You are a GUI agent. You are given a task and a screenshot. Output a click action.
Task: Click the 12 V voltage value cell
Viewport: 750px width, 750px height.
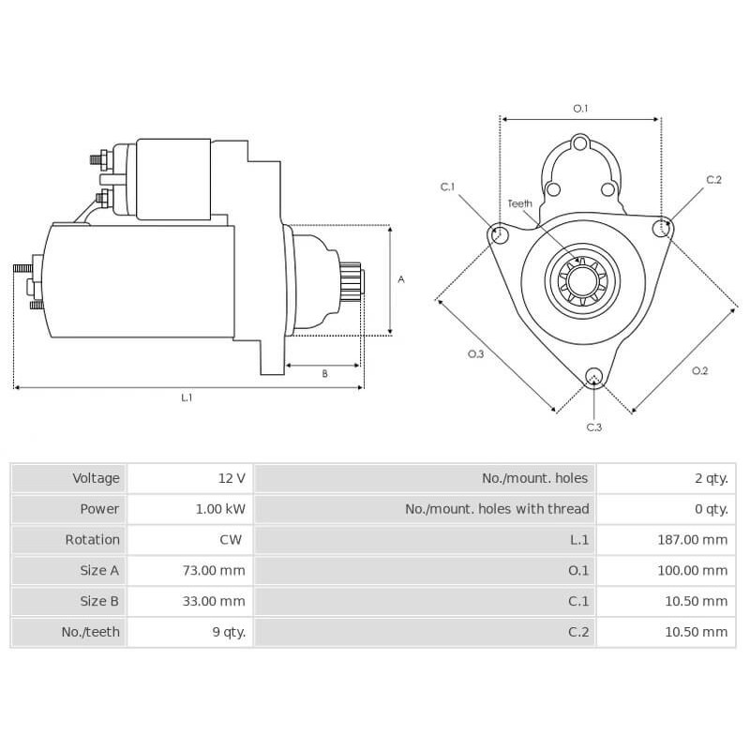tap(231, 478)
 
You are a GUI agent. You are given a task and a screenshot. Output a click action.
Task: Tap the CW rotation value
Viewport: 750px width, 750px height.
tap(231, 540)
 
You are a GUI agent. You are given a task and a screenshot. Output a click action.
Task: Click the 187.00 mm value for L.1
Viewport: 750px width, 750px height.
tap(692, 540)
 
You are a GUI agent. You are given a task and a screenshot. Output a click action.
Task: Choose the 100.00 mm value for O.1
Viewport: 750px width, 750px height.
tap(692, 570)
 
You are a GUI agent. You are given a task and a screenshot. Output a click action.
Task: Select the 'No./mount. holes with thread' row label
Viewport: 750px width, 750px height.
tap(497, 509)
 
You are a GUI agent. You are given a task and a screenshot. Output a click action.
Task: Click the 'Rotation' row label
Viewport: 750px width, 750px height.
tap(92, 540)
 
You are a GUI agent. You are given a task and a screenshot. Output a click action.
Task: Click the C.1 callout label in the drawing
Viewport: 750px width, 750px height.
tap(448, 187)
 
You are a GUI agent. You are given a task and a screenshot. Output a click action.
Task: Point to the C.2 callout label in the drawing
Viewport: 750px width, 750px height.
tap(713, 179)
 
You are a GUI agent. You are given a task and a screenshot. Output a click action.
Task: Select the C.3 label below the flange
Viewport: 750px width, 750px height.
tap(593, 427)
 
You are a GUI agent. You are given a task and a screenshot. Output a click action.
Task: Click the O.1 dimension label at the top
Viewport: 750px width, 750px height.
tap(580, 109)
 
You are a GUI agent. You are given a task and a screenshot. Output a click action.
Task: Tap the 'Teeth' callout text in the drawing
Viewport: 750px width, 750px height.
tap(519, 203)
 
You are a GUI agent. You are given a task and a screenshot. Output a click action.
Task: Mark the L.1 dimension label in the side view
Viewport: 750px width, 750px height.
tap(187, 397)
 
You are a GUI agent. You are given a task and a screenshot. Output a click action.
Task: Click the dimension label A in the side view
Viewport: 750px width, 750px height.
tap(400, 279)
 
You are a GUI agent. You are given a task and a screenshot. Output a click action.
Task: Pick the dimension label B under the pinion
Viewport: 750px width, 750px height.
tap(324, 374)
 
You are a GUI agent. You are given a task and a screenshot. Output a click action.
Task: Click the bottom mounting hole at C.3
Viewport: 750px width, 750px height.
tap(592, 377)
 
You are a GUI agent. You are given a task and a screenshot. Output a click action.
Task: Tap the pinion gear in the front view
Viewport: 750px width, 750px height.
tap(581, 279)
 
